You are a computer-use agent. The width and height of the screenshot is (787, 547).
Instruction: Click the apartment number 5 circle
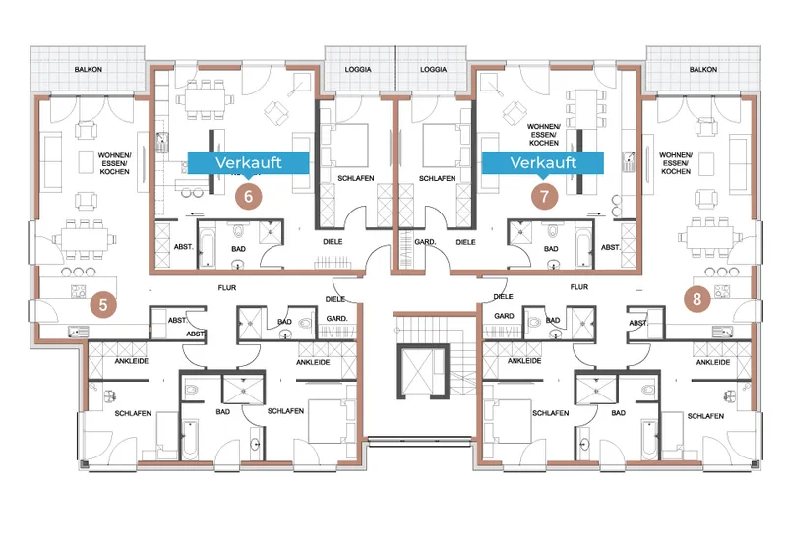(103, 305)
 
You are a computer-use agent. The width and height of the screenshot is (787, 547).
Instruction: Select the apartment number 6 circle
(249, 196)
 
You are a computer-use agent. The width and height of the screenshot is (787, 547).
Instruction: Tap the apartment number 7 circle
(545, 196)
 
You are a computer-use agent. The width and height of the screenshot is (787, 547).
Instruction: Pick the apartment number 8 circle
(696, 299)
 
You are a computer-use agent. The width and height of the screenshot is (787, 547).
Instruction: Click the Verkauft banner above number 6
(249, 164)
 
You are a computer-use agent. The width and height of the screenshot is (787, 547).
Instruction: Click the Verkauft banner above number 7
(543, 164)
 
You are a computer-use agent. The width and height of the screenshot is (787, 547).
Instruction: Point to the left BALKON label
(89, 69)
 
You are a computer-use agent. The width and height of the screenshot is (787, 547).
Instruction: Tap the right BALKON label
(703, 69)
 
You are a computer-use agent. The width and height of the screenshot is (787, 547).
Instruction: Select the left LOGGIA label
(358, 69)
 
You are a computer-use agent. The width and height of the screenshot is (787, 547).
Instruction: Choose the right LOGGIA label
(433, 69)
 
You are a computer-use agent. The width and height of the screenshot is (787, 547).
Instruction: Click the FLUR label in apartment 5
(227, 288)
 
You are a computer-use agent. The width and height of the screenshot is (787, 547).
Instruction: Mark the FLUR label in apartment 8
(579, 287)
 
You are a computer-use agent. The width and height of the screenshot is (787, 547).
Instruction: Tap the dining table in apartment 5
(85, 239)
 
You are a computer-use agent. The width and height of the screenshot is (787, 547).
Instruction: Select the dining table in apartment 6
(205, 100)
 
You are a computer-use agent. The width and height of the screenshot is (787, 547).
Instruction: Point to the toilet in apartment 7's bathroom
(553, 231)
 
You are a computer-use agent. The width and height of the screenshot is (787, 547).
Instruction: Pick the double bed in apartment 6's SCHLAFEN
(347, 146)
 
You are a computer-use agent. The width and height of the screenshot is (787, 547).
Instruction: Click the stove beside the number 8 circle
(721, 291)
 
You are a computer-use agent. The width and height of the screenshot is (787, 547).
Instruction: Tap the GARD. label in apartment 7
(425, 242)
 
